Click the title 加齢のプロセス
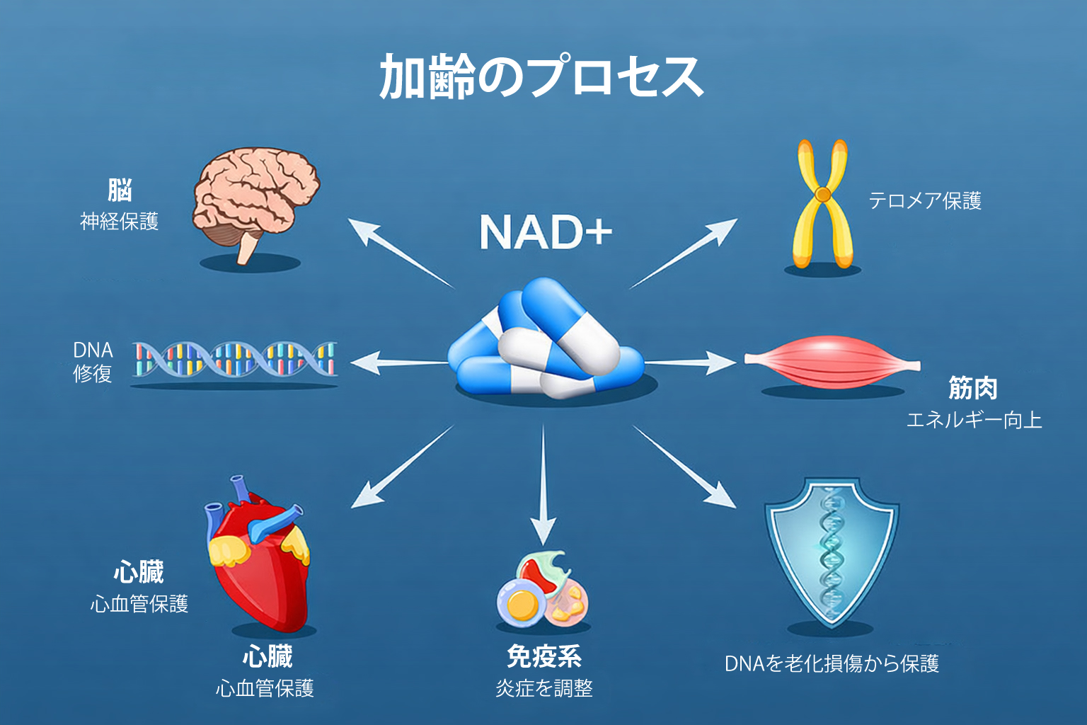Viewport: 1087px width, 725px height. coord(541,76)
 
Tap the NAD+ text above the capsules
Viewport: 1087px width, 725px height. coord(545,232)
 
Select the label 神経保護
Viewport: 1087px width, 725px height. coord(119,222)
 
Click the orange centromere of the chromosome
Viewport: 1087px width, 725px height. coord(822,193)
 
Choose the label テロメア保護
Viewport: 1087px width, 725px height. coord(925,201)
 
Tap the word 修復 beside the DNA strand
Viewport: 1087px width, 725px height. coord(93,373)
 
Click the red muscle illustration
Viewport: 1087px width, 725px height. coord(832,362)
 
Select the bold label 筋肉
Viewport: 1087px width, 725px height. coord(973,388)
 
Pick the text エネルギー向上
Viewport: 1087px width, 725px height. coord(974,420)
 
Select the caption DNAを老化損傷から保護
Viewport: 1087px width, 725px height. coord(832,663)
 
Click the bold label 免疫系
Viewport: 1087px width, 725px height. coord(543,657)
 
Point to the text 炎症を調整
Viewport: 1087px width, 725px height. coord(543,687)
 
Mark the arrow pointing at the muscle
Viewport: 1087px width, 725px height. coord(690,362)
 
